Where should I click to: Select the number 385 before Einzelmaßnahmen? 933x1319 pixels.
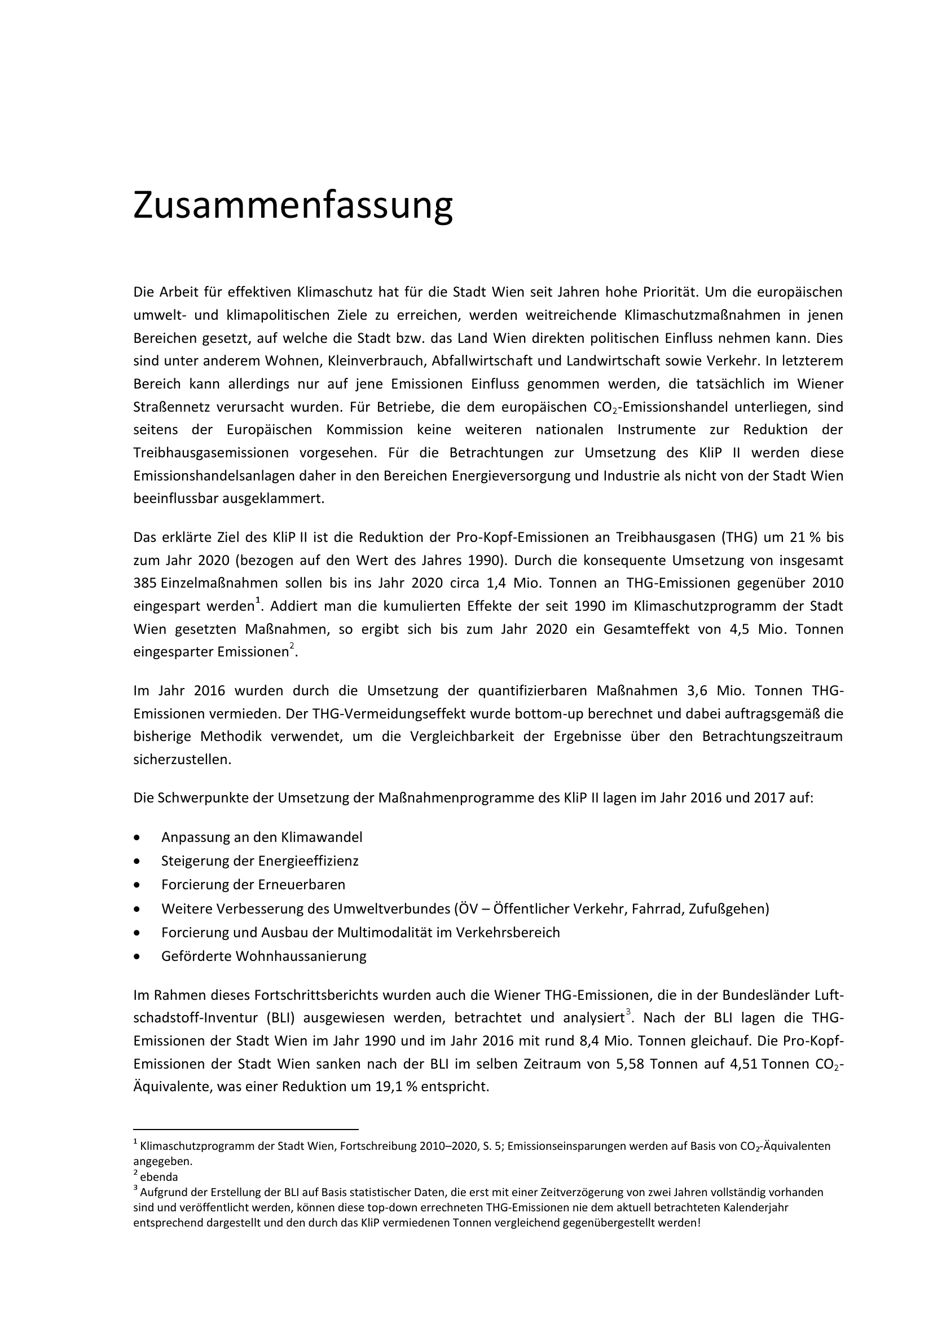(x=146, y=583)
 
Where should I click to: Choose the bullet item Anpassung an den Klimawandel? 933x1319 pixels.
(x=261, y=837)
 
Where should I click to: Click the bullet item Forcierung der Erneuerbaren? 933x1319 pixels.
(x=253, y=884)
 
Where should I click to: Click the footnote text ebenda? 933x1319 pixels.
(x=159, y=1176)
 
